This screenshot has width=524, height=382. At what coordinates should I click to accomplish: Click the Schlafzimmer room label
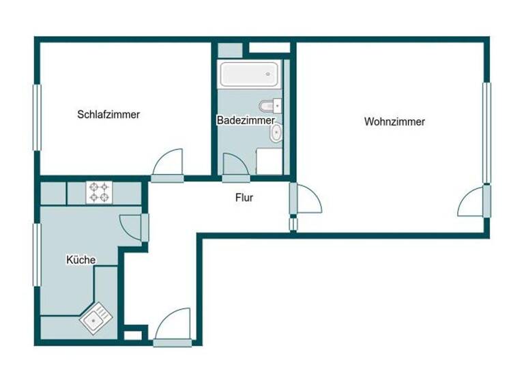pos(108,115)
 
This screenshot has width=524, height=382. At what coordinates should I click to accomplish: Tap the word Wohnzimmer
pos(394,122)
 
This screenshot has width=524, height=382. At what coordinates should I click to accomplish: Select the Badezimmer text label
pos(246,121)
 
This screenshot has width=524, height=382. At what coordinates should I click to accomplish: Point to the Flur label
pos(244,199)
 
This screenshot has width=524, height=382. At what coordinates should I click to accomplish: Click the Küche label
pos(81,260)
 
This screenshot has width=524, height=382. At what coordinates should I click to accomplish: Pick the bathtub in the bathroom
pos(248,74)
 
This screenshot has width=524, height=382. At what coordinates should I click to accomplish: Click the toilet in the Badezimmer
pos(270,106)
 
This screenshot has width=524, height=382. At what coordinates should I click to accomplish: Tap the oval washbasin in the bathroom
pos(276,134)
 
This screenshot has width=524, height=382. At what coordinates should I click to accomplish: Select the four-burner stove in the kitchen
pos(98,192)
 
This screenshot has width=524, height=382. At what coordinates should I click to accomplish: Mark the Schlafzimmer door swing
pos(169,164)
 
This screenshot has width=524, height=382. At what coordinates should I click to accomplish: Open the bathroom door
pos(233,166)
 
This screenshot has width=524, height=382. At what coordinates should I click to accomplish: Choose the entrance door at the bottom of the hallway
pos(173,325)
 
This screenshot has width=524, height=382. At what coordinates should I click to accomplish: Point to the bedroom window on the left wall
pos(37,117)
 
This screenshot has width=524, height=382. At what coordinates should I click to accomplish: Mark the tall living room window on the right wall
pos(486,133)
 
